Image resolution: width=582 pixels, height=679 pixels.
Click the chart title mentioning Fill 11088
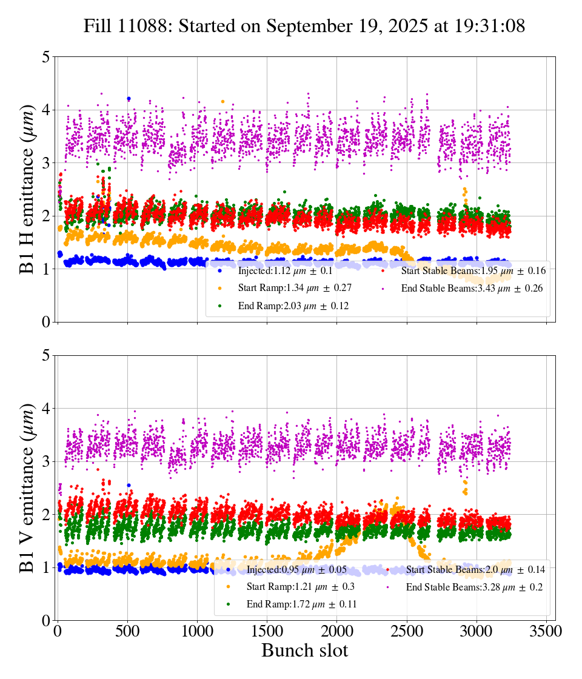click(304, 26)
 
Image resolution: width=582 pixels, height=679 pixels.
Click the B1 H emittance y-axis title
click(27, 189)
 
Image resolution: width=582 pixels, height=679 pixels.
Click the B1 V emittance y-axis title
click(27, 487)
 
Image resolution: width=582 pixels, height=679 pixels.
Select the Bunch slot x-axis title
click(304, 651)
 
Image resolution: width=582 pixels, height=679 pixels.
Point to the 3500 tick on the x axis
click(546, 631)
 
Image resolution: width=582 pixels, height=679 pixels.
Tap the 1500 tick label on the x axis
click(267, 631)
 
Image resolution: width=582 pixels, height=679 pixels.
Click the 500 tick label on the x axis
click(127, 631)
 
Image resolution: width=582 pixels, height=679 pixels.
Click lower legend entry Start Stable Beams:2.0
click(475, 569)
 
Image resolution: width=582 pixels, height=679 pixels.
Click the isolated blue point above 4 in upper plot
click(129, 98)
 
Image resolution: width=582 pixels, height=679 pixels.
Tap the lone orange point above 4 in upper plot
click(222, 101)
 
